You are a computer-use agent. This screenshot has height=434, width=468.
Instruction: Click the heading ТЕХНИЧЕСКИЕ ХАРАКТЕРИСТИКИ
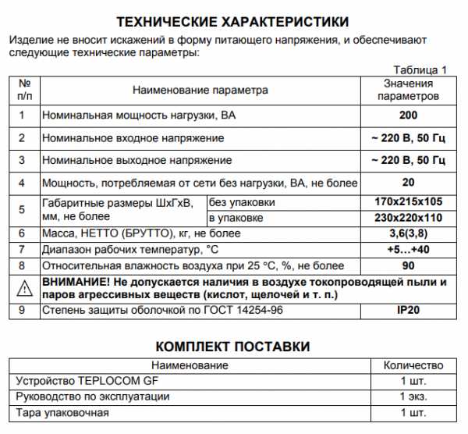(x=232, y=21)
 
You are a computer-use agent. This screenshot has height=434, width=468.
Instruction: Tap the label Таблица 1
(x=420, y=69)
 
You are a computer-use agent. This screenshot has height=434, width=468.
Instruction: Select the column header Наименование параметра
(x=200, y=90)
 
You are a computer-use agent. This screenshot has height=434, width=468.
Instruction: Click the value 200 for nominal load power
(x=407, y=116)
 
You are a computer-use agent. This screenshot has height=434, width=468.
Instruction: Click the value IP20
(x=408, y=311)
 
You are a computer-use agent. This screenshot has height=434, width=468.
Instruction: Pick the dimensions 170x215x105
(x=408, y=202)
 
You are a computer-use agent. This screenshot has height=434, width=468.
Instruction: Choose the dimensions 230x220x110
(x=408, y=217)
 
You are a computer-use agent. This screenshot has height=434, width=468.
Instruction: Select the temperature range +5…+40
(x=408, y=249)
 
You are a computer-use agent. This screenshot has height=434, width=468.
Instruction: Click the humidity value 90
(x=408, y=265)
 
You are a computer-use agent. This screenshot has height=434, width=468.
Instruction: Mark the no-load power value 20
(x=408, y=183)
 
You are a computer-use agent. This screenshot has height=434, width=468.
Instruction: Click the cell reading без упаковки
(x=243, y=202)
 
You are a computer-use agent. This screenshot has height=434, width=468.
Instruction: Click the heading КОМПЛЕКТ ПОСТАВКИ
(x=232, y=347)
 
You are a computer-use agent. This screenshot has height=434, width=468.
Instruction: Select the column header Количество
(x=413, y=365)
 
